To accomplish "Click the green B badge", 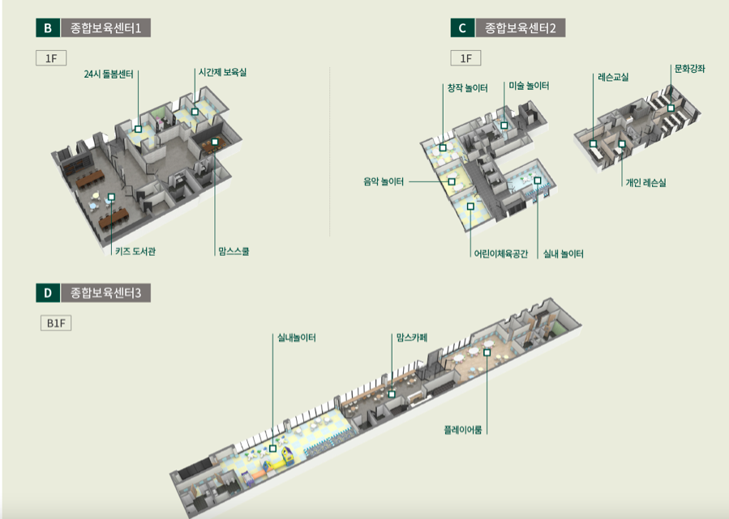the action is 47,28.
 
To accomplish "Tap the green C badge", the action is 461,28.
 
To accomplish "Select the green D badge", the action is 47,292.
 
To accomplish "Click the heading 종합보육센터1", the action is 105,28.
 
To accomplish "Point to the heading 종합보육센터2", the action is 520,28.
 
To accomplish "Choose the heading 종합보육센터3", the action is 105,292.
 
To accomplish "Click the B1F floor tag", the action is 56,323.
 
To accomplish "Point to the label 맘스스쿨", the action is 234,251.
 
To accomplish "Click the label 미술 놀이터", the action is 529,85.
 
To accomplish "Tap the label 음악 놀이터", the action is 384,181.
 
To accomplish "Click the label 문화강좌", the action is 689,69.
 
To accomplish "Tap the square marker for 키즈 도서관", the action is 111,197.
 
